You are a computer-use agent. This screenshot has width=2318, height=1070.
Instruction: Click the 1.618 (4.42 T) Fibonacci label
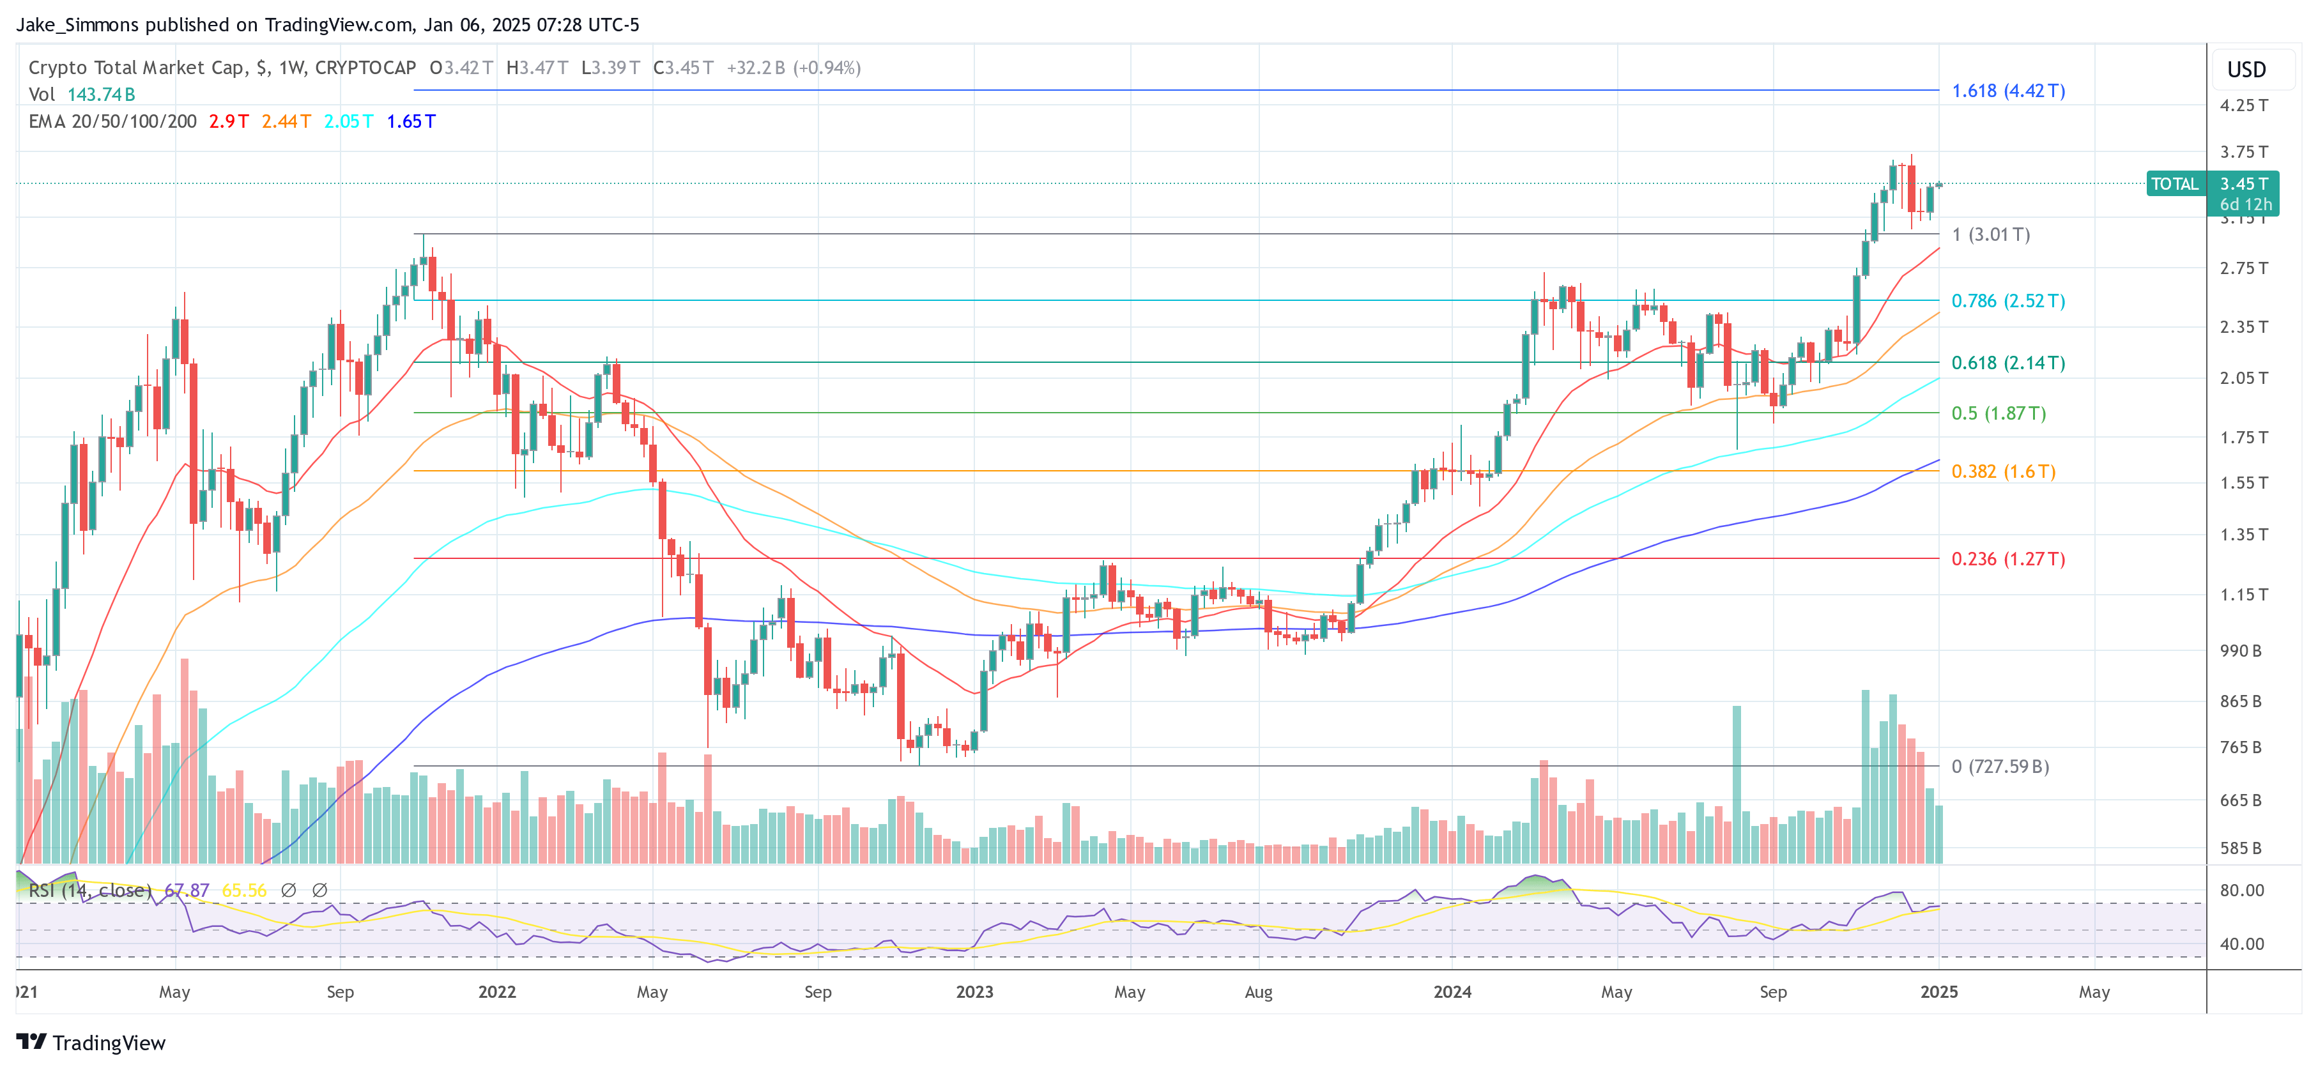tap(2007, 91)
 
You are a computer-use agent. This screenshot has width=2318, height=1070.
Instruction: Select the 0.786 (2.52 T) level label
tap(2007, 301)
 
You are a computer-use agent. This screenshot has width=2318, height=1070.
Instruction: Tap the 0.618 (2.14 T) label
tap(2007, 363)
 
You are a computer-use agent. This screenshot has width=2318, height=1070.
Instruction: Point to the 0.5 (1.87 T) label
tap(1998, 413)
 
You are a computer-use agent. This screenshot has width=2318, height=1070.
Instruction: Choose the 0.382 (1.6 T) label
tap(2003, 471)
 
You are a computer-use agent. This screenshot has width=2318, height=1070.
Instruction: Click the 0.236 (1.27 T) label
tap(2007, 559)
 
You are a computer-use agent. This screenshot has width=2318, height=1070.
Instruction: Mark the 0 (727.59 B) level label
tap(1999, 767)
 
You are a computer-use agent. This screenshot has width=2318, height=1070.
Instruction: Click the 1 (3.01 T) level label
tap(1990, 235)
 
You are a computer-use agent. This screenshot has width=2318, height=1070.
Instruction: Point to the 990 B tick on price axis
tap(2239, 651)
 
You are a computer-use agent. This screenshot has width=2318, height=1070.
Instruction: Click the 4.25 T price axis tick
tap(2243, 105)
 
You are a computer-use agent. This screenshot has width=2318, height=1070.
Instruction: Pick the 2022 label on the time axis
tap(496, 991)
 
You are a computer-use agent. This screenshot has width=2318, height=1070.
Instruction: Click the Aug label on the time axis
tap(1258, 991)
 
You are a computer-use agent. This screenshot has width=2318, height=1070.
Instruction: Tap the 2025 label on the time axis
tap(1938, 991)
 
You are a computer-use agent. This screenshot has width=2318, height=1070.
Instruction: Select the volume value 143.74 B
tap(101, 95)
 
